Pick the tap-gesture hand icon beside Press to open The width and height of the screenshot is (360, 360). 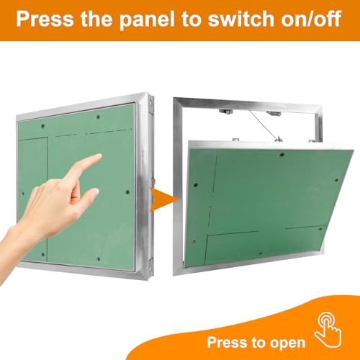point(328,332)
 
